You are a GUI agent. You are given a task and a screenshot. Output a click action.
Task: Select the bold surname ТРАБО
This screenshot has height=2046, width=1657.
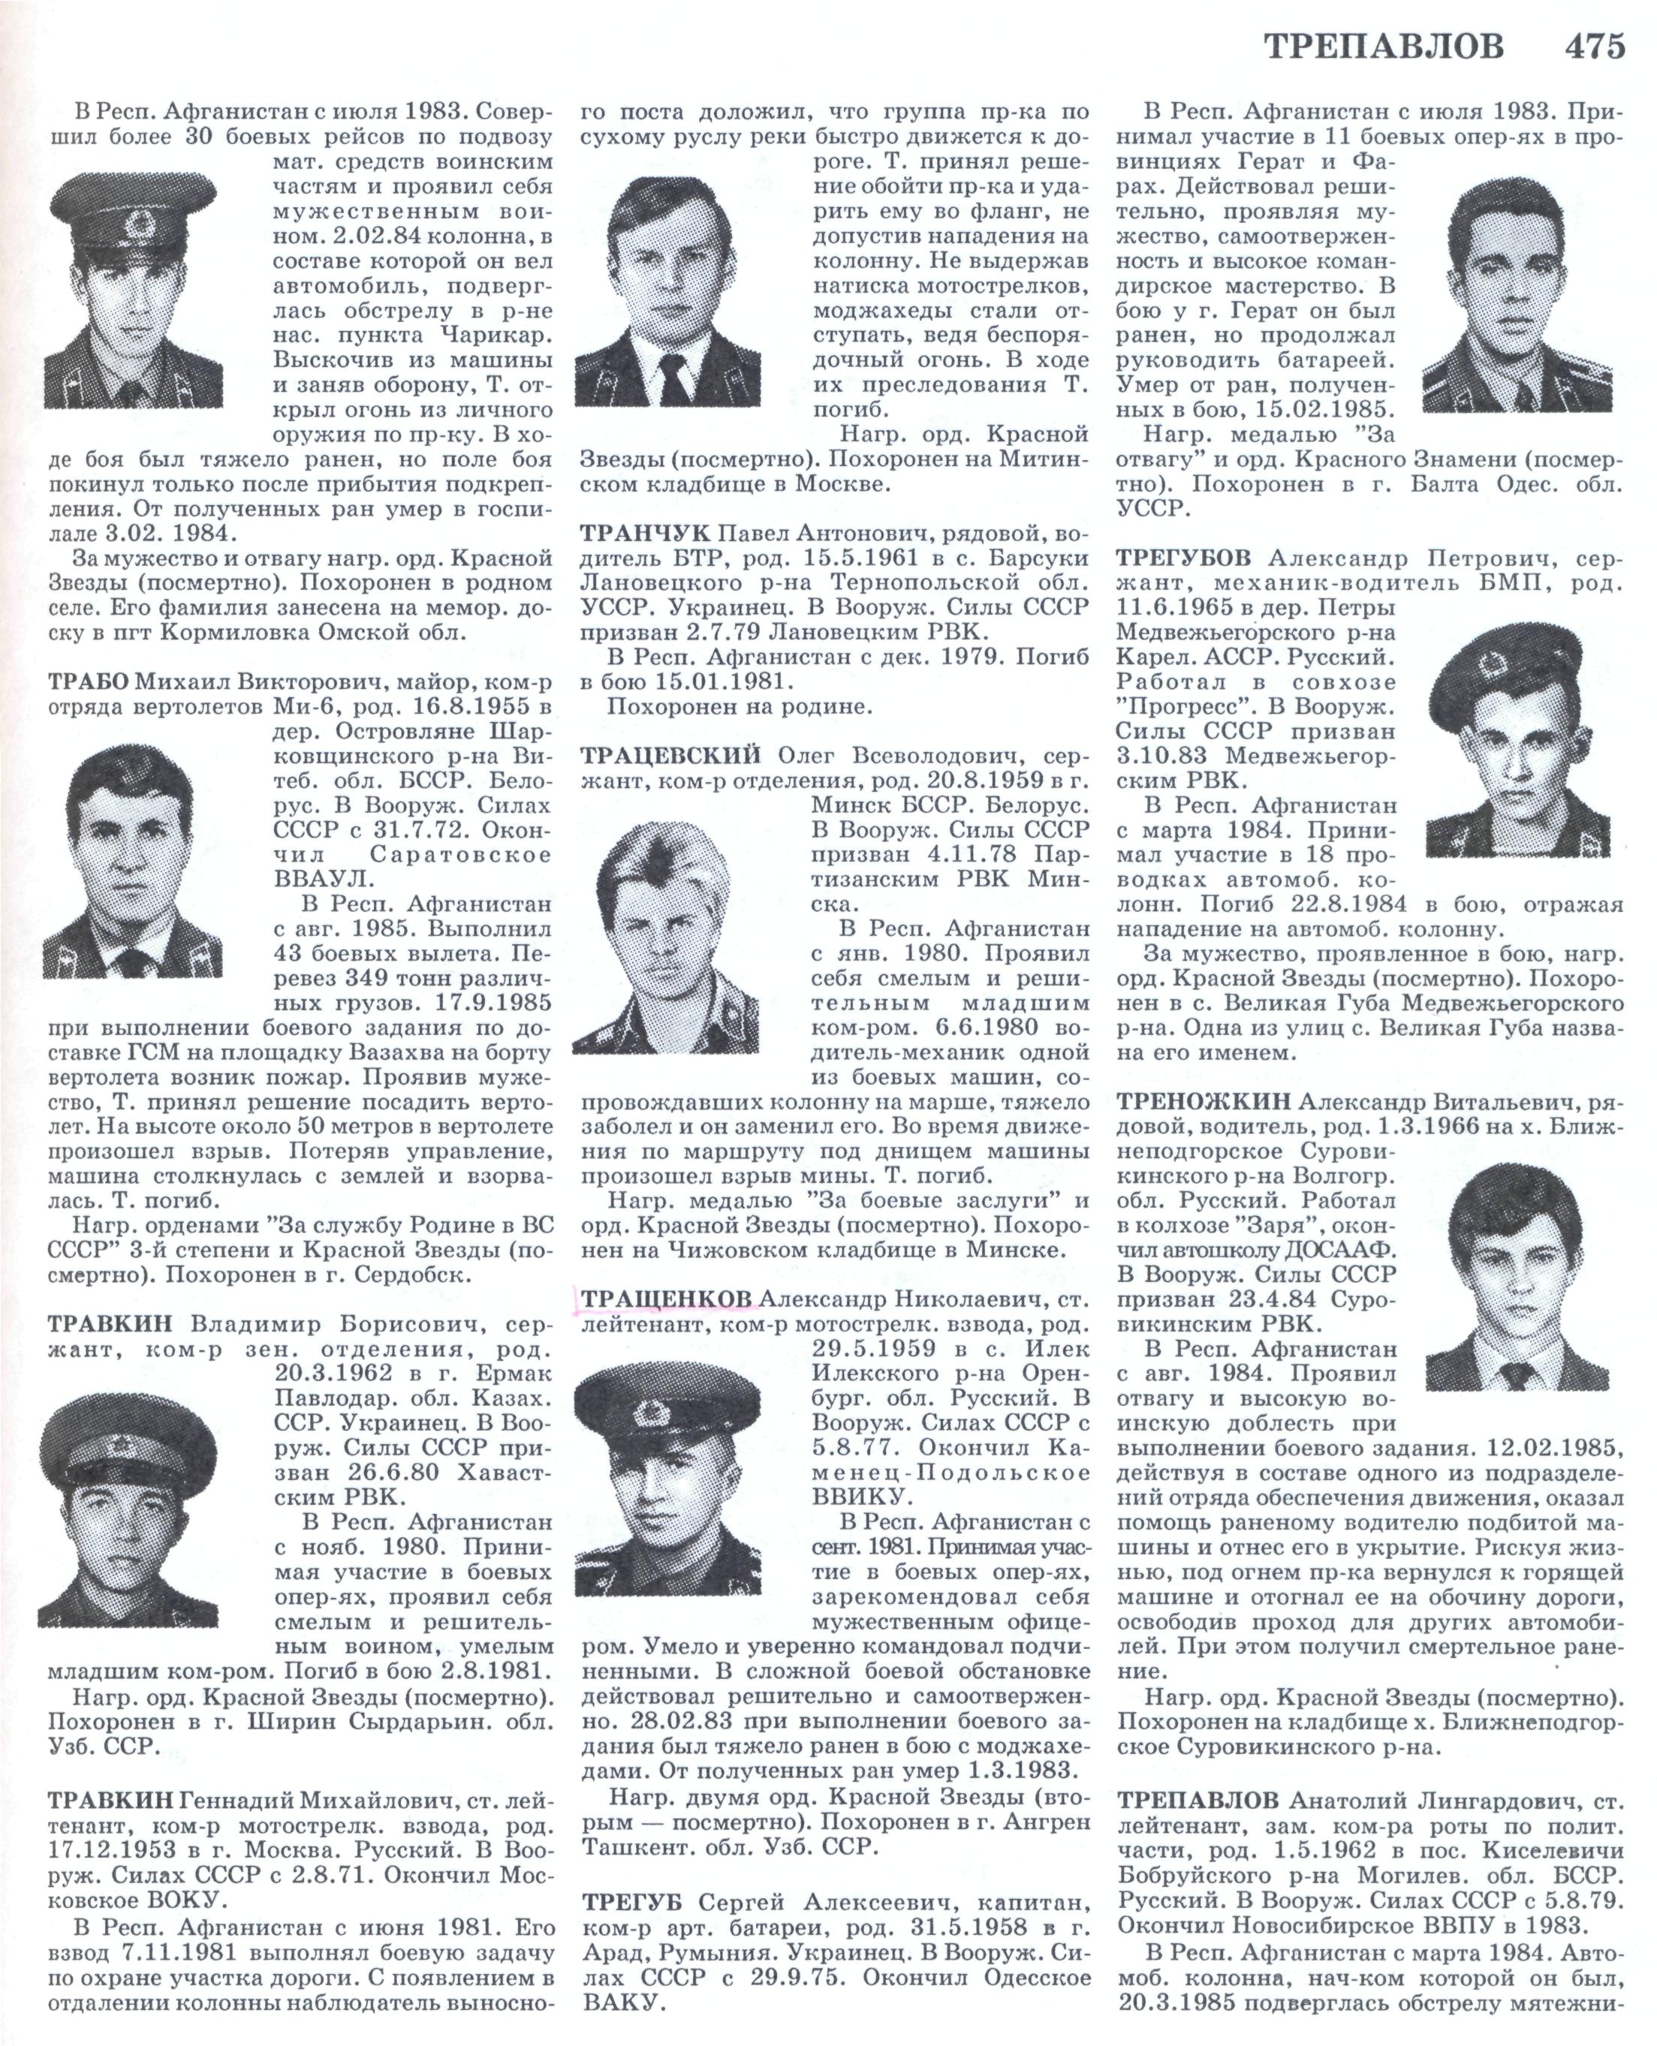[x=88, y=681]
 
